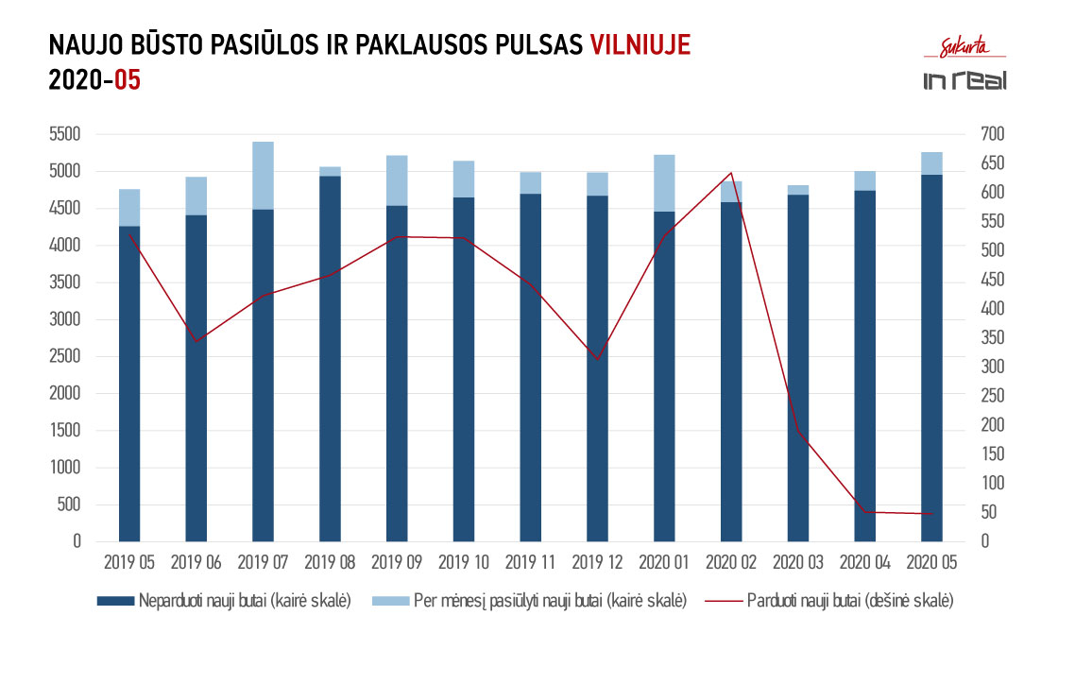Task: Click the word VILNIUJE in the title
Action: [640, 45]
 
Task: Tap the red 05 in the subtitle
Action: [127, 80]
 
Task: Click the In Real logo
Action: [964, 80]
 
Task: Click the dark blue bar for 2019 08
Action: [330, 359]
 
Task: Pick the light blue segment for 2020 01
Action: [664, 182]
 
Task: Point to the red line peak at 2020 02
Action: [730, 173]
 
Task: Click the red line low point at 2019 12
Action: [597, 360]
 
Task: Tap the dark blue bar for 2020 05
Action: [931, 359]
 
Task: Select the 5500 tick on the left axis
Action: [66, 134]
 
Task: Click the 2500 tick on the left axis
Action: [66, 357]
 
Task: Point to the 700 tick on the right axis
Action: [972, 134]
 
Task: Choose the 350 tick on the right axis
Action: [972, 338]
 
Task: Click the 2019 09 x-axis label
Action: [397, 563]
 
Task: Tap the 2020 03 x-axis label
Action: [797, 563]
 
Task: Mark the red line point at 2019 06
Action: [196, 341]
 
